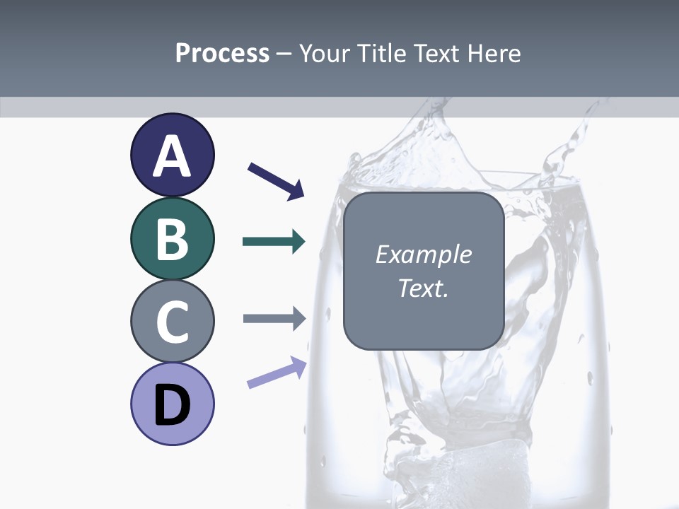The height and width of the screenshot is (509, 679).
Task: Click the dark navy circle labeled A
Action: tap(172, 155)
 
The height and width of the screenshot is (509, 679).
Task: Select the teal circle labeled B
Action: tap(172, 238)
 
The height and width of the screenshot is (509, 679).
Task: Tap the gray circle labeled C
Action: tap(172, 321)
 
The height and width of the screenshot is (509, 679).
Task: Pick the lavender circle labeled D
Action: tap(172, 404)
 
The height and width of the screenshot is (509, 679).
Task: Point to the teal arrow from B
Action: tap(273, 242)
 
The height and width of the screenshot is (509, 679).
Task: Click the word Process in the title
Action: tap(222, 53)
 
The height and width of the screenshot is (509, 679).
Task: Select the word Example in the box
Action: tap(423, 255)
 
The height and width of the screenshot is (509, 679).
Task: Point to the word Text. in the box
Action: tap(423, 288)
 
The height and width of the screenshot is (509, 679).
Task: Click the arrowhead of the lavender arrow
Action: tap(298, 365)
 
